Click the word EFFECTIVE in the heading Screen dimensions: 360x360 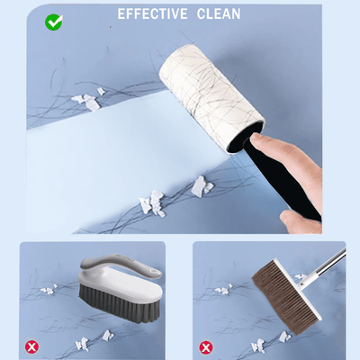[152, 13]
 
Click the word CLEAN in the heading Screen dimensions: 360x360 [219, 13]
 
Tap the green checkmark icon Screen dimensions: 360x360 [54, 22]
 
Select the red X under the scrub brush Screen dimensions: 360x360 [31, 347]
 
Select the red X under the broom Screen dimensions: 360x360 [206, 347]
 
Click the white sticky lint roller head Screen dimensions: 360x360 [211, 98]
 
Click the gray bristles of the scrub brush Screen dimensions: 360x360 [120, 303]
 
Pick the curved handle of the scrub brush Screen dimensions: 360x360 [120, 264]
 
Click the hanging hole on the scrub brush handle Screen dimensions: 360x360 [155, 272]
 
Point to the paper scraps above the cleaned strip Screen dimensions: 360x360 [88, 99]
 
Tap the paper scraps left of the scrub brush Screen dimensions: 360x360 [49, 290]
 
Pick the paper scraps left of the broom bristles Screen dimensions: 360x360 [223, 289]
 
